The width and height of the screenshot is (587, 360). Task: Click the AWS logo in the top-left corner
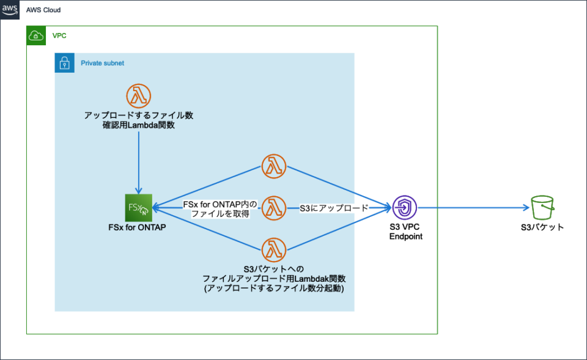(10, 10)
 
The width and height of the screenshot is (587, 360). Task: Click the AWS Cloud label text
(43, 11)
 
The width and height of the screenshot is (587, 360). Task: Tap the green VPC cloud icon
(36, 36)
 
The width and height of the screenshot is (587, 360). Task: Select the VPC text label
(59, 36)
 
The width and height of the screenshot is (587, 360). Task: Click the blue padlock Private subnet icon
(64, 63)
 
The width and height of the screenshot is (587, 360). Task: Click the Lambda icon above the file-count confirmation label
(139, 95)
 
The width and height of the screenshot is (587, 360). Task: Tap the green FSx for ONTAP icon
(138, 208)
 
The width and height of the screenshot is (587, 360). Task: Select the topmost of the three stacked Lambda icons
(273, 166)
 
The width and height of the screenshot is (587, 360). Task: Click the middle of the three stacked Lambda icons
(273, 208)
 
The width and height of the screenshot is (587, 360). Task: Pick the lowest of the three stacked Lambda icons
(273, 250)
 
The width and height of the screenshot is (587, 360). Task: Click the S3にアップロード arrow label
(334, 208)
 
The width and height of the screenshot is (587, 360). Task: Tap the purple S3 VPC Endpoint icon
(405, 208)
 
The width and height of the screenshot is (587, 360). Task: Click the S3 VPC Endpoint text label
(405, 232)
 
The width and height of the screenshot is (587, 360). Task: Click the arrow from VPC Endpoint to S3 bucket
(471, 208)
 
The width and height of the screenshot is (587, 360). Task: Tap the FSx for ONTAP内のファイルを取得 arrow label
(221, 208)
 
